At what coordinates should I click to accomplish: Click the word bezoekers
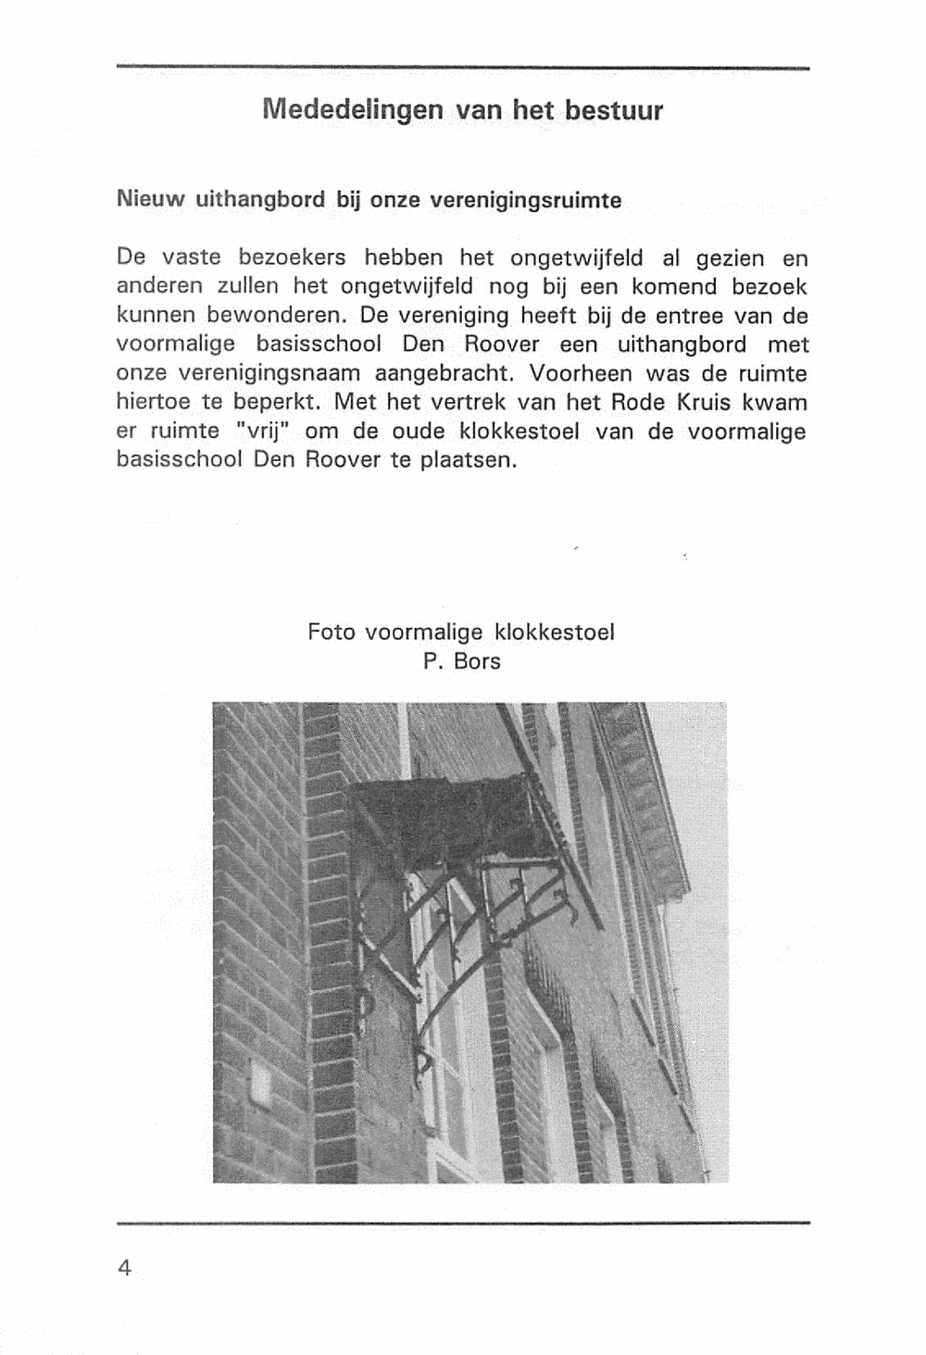[292, 257]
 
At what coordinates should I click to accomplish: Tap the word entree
[674, 315]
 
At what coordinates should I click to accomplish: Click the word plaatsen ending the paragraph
[469, 460]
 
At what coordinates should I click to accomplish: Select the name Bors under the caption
[476, 661]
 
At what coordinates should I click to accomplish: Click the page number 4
[125, 1267]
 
